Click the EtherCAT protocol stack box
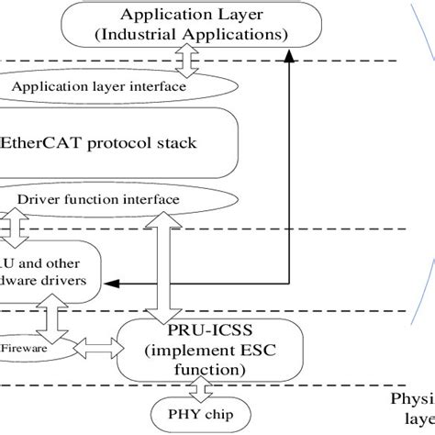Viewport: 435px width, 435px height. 119,143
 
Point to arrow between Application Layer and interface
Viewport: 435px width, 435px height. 186,61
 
